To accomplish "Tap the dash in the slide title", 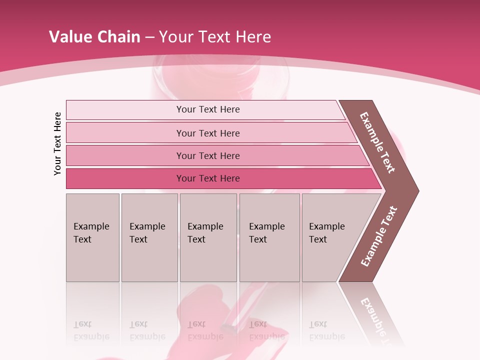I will coord(150,37).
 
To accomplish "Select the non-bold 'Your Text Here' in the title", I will coord(215,37).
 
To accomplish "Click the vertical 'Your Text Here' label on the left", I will coord(57,143).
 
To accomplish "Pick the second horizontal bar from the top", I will coord(208,133).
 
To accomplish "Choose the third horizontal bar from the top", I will coord(208,155).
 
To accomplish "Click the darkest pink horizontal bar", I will coord(208,178).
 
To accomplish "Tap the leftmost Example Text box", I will coord(92,237).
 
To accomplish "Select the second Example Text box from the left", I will coord(149,237).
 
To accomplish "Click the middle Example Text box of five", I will coord(207,237).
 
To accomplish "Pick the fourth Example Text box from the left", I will coord(269,237).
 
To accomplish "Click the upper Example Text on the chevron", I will coord(378,142).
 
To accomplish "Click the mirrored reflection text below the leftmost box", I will coord(91,330).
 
